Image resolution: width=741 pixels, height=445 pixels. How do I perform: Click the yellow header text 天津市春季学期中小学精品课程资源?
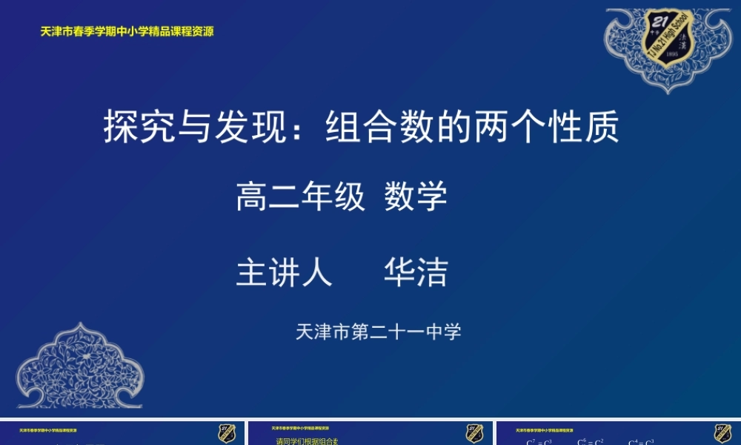tap(127, 32)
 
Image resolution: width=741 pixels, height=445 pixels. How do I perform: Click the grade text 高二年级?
tap(301, 197)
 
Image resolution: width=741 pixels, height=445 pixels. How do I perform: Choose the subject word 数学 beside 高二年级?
tap(416, 197)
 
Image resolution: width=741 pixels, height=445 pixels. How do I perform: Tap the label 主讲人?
tap(284, 272)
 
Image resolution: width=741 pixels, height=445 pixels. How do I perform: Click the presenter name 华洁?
tap(416, 272)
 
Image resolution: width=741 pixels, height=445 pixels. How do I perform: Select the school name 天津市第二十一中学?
tap(379, 332)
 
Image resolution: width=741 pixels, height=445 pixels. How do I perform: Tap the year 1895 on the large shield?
tap(672, 55)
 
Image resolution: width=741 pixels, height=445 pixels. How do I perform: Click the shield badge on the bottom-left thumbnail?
tap(227, 434)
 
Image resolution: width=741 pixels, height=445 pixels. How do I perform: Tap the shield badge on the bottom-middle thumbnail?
tap(475, 434)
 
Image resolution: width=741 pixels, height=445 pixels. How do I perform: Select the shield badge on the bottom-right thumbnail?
tap(722, 434)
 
